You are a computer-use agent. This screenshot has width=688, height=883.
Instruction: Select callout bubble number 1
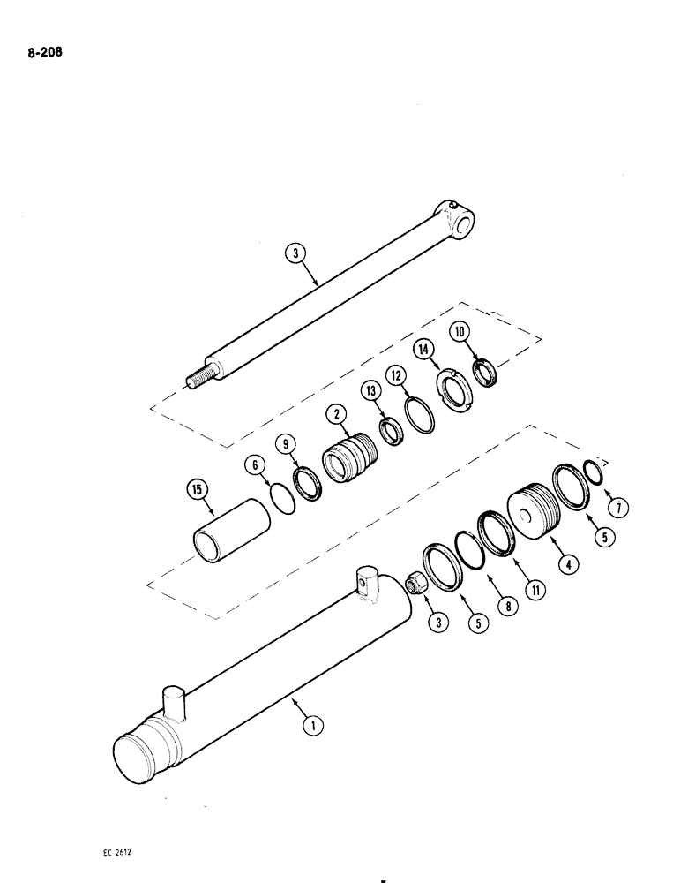tap(310, 727)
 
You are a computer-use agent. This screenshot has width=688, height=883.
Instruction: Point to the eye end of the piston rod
tap(459, 221)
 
